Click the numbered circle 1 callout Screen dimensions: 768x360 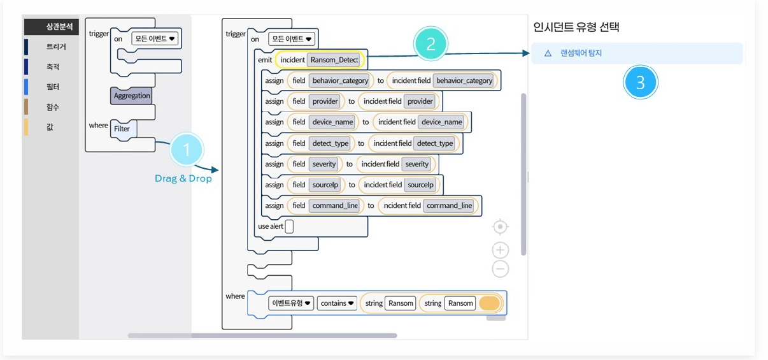coord(187,150)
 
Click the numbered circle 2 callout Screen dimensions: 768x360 coord(430,44)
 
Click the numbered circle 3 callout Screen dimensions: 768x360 coord(641,82)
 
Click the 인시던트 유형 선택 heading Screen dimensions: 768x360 coord(576,27)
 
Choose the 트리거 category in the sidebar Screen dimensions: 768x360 coord(56,47)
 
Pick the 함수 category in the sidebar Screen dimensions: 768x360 coord(53,107)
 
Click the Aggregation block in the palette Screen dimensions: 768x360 coord(132,96)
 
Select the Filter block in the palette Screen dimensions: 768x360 coord(123,129)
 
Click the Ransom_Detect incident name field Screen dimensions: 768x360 coord(334,60)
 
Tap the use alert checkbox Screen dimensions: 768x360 coord(289,226)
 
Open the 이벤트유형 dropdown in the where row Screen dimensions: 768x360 coord(291,303)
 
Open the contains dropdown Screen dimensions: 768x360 coord(337,303)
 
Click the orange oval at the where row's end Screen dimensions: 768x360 coord(490,303)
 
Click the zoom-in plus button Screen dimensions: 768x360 coord(501,250)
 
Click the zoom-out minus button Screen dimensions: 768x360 coord(501,269)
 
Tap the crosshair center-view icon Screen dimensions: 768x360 coord(501,227)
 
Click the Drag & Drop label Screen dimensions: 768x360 coord(183,178)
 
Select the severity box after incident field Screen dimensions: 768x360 coord(417,164)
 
